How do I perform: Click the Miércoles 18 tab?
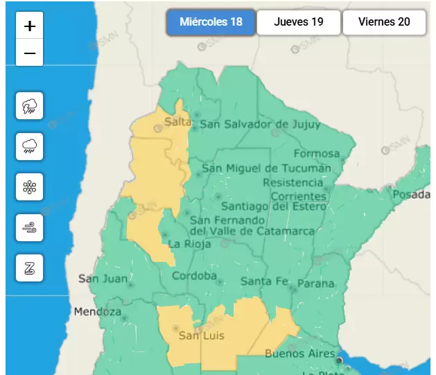[x=211, y=22]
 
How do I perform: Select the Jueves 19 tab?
[x=298, y=22]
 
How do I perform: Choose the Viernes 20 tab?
[x=384, y=22]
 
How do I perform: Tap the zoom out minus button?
[x=29, y=53]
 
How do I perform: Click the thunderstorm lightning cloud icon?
[x=29, y=106]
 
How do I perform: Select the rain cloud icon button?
[x=29, y=146]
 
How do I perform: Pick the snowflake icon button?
[x=29, y=187]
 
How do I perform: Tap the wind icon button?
[x=29, y=227]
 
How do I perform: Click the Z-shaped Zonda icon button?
[x=29, y=268]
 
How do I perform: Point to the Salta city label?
[x=177, y=123]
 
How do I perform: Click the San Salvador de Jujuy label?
[x=260, y=125]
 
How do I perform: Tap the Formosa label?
[x=317, y=153]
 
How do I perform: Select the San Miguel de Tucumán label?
[x=266, y=168]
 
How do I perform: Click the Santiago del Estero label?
[x=273, y=206]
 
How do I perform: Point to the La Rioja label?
[x=185, y=244]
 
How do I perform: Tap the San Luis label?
[x=202, y=336]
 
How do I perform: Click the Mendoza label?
[x=98, y=311]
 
